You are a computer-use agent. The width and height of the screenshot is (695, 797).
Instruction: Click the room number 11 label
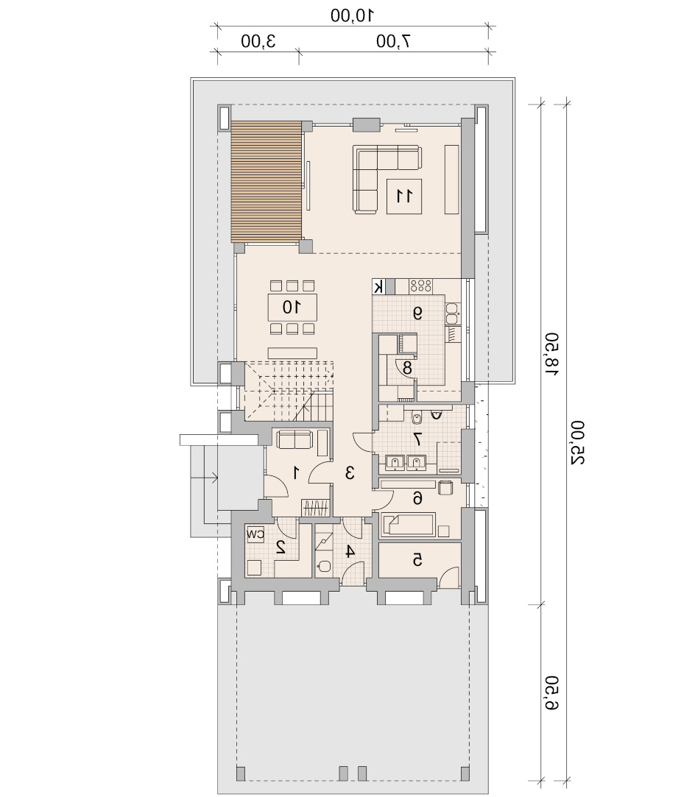click(404, 196)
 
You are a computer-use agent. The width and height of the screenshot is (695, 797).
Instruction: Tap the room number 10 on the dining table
click(292, 307)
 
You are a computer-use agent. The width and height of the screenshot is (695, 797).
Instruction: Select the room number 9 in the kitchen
click(417, 314)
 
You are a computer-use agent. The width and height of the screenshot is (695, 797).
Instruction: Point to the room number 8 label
click(407, 367)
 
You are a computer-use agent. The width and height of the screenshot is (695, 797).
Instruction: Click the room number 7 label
click(417, 439)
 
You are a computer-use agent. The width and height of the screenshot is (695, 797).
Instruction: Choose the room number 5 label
click(417, 559)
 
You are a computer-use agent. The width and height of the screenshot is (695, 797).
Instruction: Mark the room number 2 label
click(281, 547)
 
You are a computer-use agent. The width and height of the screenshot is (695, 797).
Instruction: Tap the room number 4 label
click(349, 551)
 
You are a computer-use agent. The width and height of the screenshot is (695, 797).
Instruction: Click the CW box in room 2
click(255, 534)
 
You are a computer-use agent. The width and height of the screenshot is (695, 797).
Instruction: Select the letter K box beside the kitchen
click(378, 287)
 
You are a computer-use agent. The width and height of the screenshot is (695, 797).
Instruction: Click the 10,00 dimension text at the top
click(353, 15)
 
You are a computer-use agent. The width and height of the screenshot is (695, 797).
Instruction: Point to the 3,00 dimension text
click(258, 40)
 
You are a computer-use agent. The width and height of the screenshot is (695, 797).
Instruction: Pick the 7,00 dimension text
click(393, 40)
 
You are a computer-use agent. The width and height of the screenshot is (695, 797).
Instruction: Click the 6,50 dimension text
click(551, 692)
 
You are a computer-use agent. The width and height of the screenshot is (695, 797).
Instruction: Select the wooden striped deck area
click(267, 182)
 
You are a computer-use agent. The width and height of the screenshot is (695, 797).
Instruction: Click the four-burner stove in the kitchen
click(421, 286)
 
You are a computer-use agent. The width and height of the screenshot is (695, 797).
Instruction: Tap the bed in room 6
click(409, 524)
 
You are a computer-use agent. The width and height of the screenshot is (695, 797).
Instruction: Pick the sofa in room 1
click(294, 439)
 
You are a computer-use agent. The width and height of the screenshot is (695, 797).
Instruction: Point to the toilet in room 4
click(323, 566)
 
